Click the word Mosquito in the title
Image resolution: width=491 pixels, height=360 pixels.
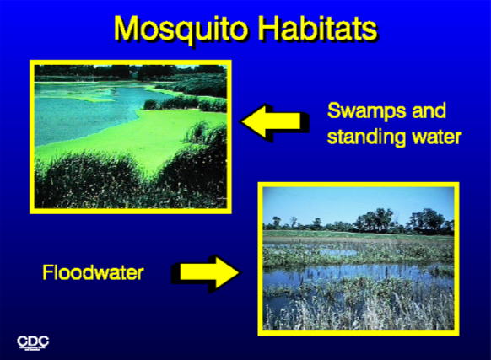tap(181, 30)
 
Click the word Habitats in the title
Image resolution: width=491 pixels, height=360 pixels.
tap(318, 28)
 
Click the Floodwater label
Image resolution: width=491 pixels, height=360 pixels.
tap(93, 272)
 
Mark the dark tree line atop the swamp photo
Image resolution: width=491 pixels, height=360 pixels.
tap(130, 73)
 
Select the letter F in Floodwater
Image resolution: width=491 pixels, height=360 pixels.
tap(47, 272)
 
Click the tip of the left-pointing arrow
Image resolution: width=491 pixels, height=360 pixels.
tap(240, 121)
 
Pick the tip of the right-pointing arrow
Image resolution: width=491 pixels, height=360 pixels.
tap(240, 272)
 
